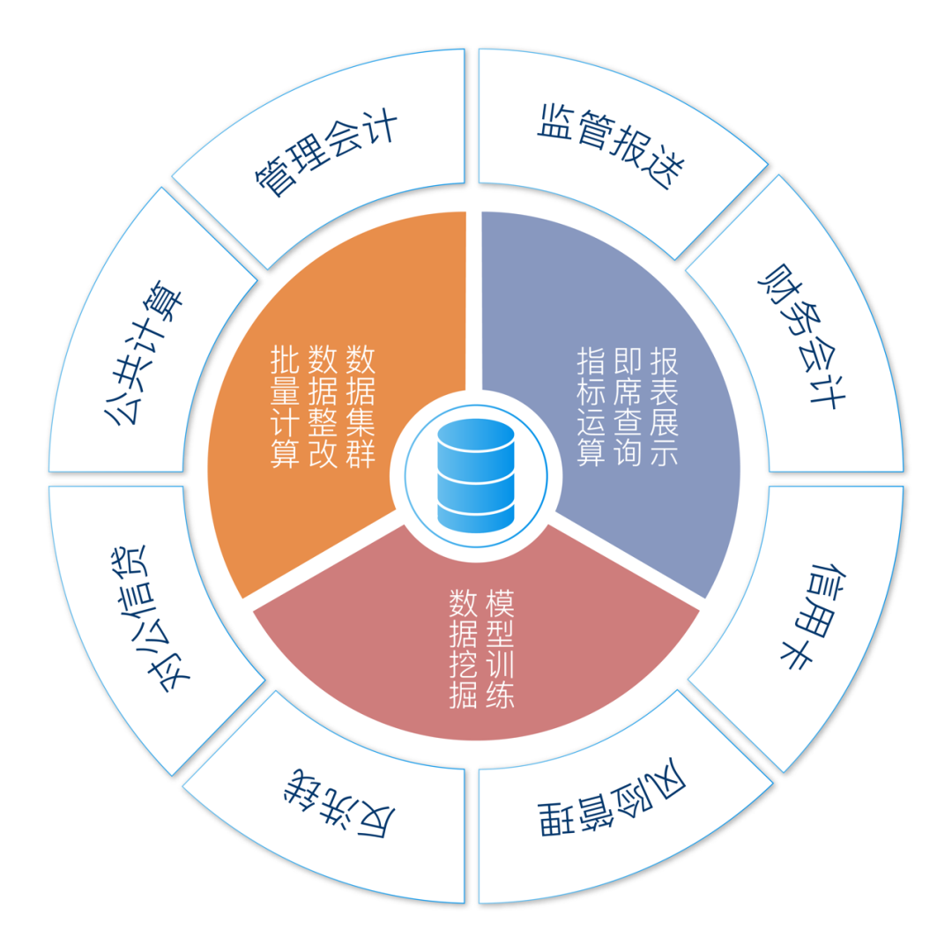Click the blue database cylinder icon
pos(476,477)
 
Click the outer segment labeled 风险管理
pos(613,807)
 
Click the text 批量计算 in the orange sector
pos(286,406)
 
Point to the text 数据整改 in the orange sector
pos(323,406)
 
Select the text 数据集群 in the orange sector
pos(361,406)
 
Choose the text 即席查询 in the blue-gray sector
pos(627,406)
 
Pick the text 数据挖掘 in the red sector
pos(463,651)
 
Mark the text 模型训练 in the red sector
pos(500,651)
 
